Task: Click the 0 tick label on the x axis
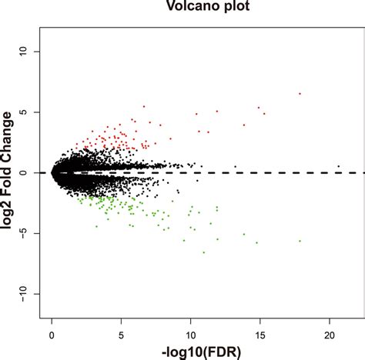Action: [x=52, y=335]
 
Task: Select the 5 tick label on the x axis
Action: [x=121, y=335]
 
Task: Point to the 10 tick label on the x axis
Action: [x=190, y=335]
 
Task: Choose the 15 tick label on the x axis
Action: [x=260, y=335]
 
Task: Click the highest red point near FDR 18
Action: [x=300, y=94]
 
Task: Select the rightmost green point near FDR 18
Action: [x=300, y=241]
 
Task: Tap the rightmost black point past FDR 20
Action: [x=338, y=166]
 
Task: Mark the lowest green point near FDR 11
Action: [x=203, y=252]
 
